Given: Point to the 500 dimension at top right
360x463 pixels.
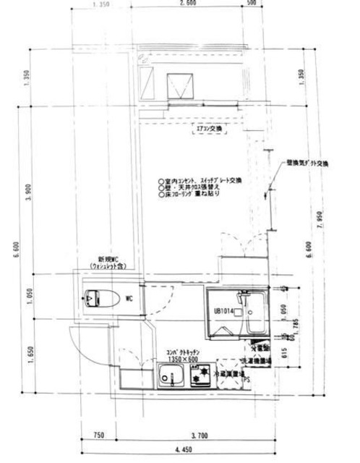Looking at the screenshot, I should pyautogui.click(x=251, y=4).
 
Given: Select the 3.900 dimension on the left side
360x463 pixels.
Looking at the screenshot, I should pyautogui.click(x=27, y=192).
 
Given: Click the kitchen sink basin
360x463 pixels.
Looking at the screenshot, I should pyautogui.click(x=172, y=376).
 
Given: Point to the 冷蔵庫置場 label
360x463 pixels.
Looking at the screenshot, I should pyautogui.click(x=231, y=375).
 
